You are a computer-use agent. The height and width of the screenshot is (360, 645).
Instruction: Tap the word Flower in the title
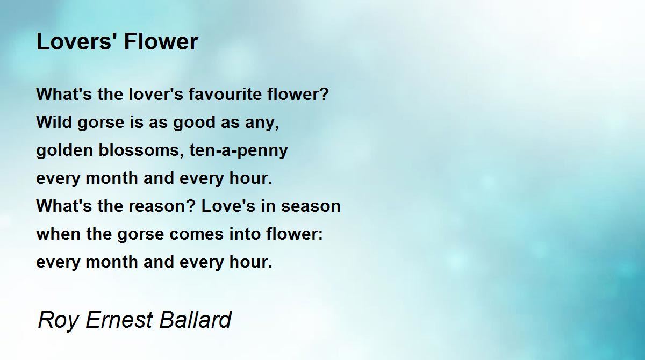click(x=161, y=41)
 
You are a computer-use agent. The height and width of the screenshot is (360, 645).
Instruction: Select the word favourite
click(x=225, y=94)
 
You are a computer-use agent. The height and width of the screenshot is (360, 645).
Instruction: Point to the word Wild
click(x=54, y=122)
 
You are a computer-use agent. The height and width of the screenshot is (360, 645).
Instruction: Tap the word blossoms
click(x=139, y=150)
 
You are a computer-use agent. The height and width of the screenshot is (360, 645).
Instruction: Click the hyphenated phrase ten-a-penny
click(x=239, y=151)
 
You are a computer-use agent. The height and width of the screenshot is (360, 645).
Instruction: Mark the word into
click(x=245, y=234)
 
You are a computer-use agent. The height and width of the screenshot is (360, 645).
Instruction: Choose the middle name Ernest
click(x=119, y=319)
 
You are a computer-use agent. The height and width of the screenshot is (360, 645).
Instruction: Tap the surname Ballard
click(x=196, y=319)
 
